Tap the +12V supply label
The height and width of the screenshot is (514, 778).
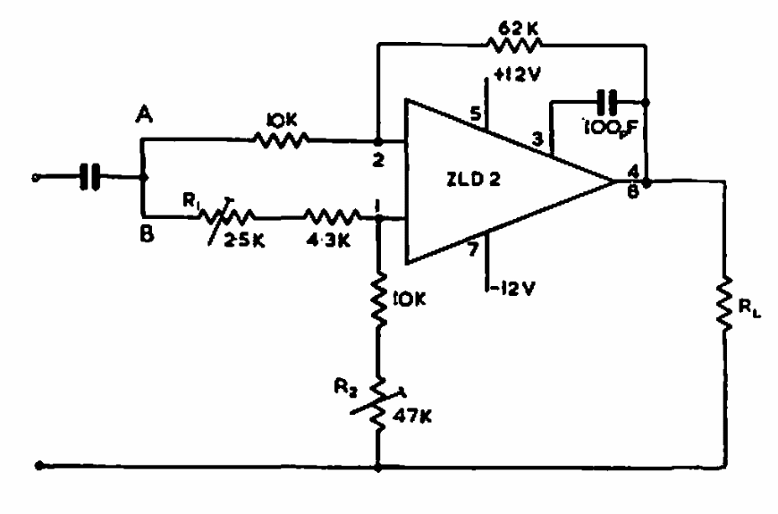pos(517,74)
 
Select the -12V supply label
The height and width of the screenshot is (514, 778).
pos(513,288)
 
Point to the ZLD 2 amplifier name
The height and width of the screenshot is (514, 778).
pos(474,179)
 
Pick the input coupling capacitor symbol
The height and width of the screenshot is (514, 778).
pos(89,177)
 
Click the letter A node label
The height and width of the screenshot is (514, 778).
pos(144,115)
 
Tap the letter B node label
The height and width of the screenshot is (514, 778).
pos(147,233)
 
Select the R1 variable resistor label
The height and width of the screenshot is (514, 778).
pos(190,200)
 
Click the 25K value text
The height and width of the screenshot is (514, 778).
pos(245,240)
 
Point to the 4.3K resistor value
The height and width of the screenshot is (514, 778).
pos(328,240)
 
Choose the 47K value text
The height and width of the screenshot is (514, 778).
pos(412,416)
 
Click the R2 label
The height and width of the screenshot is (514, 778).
pos(345,385)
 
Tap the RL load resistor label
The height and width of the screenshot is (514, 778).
pos(749,308)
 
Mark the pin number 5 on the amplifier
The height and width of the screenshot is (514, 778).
pos(475,114)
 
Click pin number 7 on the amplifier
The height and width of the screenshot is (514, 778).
pos(473,249)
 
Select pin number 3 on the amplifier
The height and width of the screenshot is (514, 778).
pos(537,139)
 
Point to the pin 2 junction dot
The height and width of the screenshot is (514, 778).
pos(378,142)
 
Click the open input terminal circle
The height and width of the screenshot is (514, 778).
pos(35,178)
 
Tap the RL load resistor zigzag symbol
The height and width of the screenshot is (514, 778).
pos(725,303)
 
